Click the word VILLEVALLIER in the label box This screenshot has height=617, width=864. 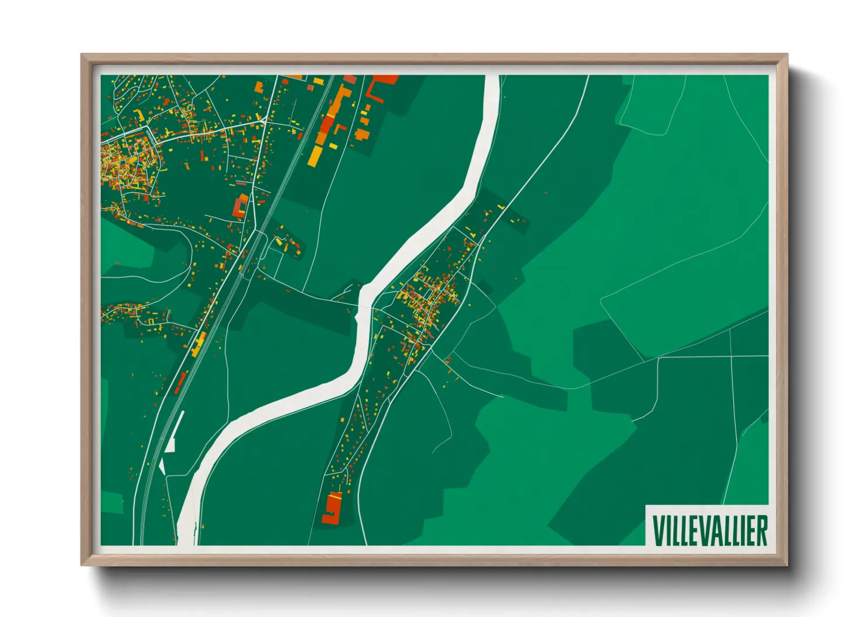tap(709, 530)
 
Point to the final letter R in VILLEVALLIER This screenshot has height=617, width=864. tap(761, 530)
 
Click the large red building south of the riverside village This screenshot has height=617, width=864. tap(333, 507)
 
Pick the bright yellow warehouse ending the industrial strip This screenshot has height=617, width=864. tap(315, 155)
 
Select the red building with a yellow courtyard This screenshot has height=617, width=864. tap(240, 207)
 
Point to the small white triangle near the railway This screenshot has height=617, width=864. tap(162, 467)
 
